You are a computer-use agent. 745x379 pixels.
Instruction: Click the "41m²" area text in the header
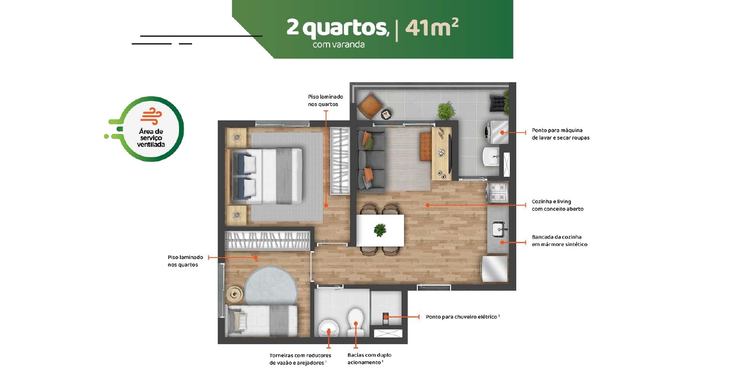[432, 27]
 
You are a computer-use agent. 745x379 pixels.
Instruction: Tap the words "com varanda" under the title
[339, 45]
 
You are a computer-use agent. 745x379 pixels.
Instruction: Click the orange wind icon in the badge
[151, 116]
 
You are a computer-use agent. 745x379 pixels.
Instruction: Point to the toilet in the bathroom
[355, 322]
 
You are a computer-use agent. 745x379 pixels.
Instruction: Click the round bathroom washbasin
[329, 328]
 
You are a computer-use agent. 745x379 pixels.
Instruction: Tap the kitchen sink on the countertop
[499, 229]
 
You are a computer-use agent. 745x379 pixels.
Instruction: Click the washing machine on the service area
[497, 133]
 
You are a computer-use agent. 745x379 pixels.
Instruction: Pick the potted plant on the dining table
[380, 230]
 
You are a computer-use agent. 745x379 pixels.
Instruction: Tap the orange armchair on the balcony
[370, 106]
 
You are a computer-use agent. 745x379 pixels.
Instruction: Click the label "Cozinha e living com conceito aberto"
[558, 205]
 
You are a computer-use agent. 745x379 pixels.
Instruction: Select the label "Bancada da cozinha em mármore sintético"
[559, 241]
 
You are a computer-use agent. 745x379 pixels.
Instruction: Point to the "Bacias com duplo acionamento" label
[369, 359]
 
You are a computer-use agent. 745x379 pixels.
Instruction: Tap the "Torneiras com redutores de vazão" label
[300, 359]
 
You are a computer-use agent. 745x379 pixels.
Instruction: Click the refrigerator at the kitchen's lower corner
[495, 269]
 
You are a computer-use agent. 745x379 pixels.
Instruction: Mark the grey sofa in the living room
[371, 161]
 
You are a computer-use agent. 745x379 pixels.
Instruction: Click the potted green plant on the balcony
[446, 111]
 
